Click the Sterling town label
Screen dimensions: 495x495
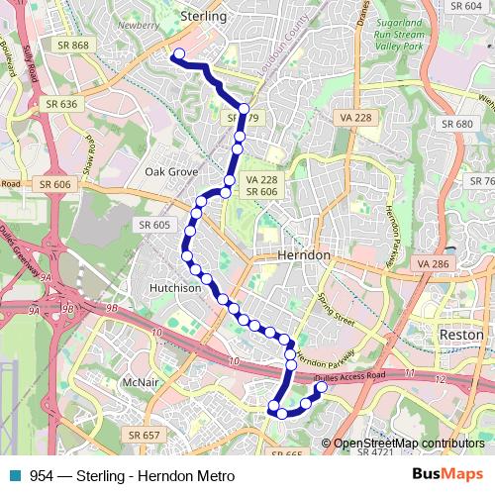pos(204,17)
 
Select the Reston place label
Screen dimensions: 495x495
pos(460,336)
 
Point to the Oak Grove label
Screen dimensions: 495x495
pos(171,171)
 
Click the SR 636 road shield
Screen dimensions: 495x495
pos(61,103)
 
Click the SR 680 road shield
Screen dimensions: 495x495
pos(458,124)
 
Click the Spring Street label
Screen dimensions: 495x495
pos(335,306)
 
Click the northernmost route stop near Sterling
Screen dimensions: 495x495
pos(179,54)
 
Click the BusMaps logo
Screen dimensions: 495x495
pos(447,475)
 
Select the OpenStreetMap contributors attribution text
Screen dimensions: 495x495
pos(407,444)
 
